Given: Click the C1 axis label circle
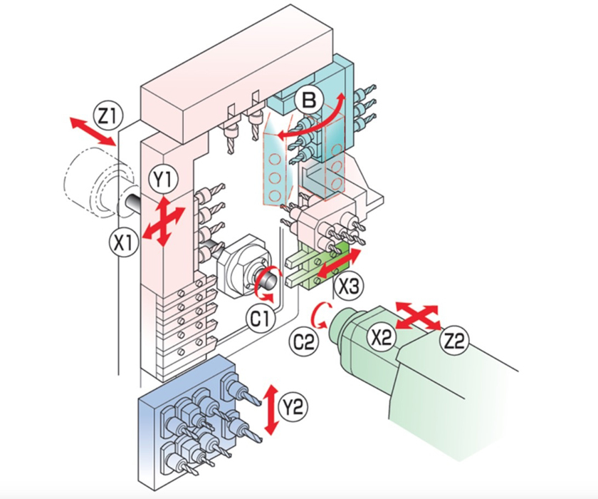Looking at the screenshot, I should (258, 318).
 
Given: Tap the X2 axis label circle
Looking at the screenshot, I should (384, 336).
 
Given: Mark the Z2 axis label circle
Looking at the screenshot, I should (455, 342).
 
